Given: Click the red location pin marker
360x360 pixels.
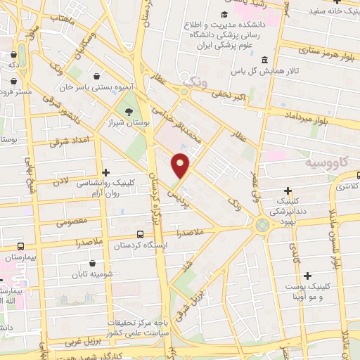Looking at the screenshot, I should click(181, 165).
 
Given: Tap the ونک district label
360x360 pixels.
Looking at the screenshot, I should click(194, 82).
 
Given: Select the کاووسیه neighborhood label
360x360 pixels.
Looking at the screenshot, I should click(327, 162).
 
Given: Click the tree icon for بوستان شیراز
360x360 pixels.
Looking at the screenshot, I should click(128, 111).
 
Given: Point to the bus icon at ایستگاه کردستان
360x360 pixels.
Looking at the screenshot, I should click(140, 234).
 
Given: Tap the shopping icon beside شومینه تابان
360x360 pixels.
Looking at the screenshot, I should click(92, 264).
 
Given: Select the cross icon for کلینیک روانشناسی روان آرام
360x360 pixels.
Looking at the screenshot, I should click(106, 172).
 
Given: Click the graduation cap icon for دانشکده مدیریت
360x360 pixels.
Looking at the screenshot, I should click(224, 15).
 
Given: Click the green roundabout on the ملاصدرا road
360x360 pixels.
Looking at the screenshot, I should click(262, 225).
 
